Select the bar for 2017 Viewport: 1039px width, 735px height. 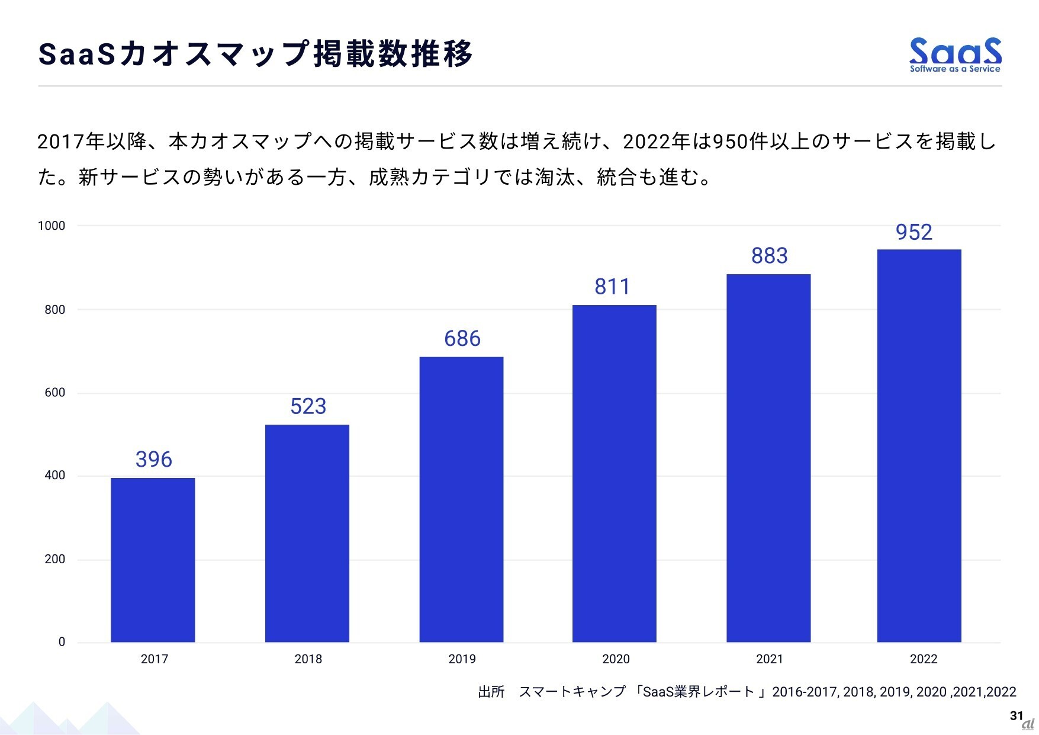coord(153,560)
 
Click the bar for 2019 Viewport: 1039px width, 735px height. coord(461,499)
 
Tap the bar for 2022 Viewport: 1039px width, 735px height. coord(919,445)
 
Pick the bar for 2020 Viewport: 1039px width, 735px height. coord(614,473)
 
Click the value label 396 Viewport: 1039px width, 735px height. coord(154,460)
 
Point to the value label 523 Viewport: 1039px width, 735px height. coord(308,406)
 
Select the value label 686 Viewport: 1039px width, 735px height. coord(462,339)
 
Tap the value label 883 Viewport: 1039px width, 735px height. coord(769,256)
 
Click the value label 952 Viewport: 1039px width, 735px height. coord(913,232)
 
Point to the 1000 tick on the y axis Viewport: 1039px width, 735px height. coord(52,226)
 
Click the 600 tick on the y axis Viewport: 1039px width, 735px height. coord(54,393)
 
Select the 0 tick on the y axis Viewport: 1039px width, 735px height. coord(62,642)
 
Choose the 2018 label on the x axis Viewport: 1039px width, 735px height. coord(308,659)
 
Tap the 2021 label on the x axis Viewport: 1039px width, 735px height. coord(769,659)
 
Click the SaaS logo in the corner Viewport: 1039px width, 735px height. coord(955,54)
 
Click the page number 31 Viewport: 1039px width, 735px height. coord(1016,715)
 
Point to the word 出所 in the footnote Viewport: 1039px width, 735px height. coord(491,692)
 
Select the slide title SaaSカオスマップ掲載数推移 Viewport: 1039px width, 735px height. coord(255,54)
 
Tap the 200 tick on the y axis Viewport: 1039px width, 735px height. coord(54,559)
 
